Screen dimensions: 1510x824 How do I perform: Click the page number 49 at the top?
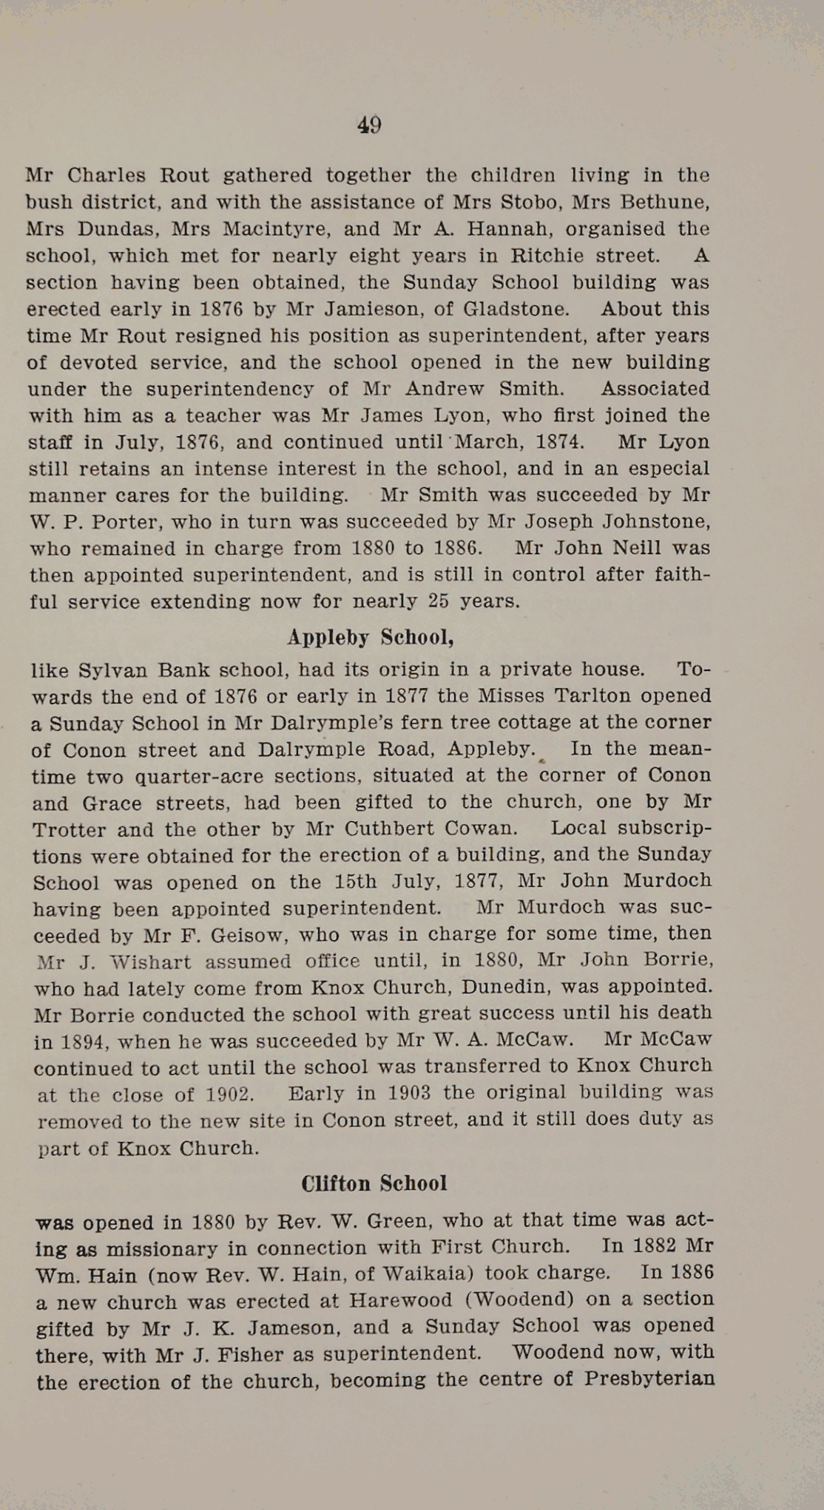(x=369, y=125)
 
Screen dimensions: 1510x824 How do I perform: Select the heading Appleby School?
(x=370, y=637)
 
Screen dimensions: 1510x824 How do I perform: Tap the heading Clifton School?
(x=374, y=1183)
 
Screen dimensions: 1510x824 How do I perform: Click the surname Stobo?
(x=530, y=202)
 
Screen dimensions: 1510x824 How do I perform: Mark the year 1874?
(x=560, y=442)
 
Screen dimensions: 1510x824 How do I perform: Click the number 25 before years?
(x=439, y=601)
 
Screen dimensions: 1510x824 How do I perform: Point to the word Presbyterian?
(x=649, y=1379)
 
